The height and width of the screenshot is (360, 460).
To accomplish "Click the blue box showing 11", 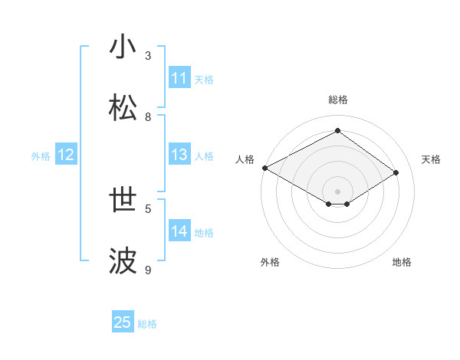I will (179, 78).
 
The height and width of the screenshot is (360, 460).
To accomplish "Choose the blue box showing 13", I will (179, 155).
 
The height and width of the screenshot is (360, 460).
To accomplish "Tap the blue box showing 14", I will (179, 231).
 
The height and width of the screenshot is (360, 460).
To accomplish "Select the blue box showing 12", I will (66, 155).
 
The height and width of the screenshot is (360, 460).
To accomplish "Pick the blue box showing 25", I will (123, 322).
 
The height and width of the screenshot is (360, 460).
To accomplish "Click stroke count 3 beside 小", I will (149, 56).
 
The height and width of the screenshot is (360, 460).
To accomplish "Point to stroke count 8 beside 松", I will (149, 117).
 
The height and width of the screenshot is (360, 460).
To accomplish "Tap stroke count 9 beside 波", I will (149, 270).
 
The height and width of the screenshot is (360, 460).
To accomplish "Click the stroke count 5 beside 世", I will (149, 208).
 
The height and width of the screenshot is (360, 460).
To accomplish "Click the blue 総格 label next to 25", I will (147, 324).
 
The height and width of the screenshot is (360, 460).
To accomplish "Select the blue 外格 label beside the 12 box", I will (41, 156).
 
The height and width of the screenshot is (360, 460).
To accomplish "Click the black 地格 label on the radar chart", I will (402, 263).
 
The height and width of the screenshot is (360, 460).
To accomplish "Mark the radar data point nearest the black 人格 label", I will (264, 168).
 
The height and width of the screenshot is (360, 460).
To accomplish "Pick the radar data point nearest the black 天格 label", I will (396, 173).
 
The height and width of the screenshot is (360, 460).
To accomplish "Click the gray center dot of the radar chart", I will (337, 191).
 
